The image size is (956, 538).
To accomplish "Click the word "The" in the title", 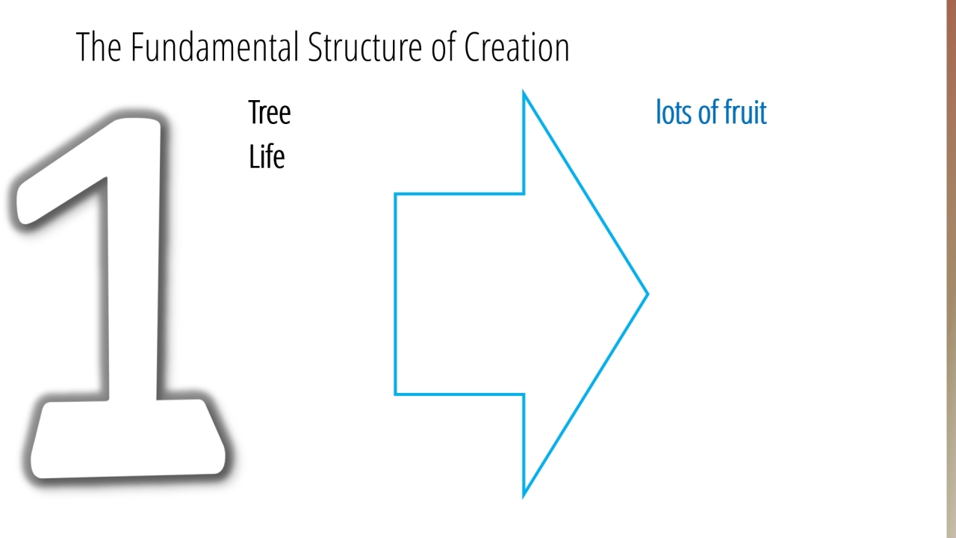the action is click(x=99, y=47).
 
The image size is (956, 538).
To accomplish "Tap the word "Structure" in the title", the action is click(x=365, y=47).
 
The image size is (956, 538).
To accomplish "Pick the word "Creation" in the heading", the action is click(x=517, y=47).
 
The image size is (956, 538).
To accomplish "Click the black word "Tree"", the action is click(x=270, y=112).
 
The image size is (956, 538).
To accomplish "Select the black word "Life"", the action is click(x=267, y=156).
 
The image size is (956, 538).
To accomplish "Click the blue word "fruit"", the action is click(x=745, y=112).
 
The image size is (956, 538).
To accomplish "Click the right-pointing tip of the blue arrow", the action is click(x=648, y=294).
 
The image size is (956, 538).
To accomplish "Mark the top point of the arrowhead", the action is click(x=524, y=92).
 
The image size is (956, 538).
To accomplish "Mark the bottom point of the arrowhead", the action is click(x=524, y=496).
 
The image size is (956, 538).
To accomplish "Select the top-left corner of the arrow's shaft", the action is click(x=395, y=194).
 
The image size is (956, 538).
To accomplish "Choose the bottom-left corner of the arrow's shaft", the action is click(x=395, y=394).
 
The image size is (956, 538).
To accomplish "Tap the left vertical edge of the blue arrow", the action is click(x=395, y=294).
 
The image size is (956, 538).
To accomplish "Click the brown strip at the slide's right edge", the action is click(x=952, y=269).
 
